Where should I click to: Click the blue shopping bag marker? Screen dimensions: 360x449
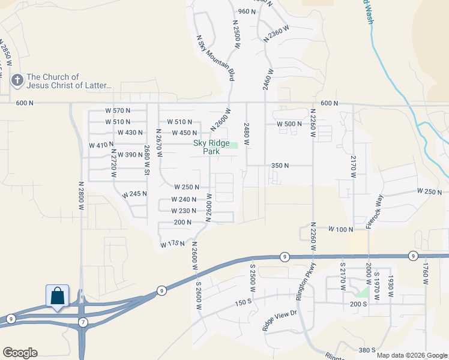tap(57, 296)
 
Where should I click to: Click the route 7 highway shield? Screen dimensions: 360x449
tap(82, 323)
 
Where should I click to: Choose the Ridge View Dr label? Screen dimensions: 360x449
tap(279, 320)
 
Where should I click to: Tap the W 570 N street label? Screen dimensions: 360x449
tap(118, 110)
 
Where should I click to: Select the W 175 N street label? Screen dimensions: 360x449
tap(172, 244)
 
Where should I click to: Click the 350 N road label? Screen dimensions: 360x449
tap(280, 165)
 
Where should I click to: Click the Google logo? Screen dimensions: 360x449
tap(20, 353)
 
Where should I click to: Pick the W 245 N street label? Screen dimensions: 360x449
tap(134, 194)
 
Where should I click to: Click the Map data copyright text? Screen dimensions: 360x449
tap(412, 355)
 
